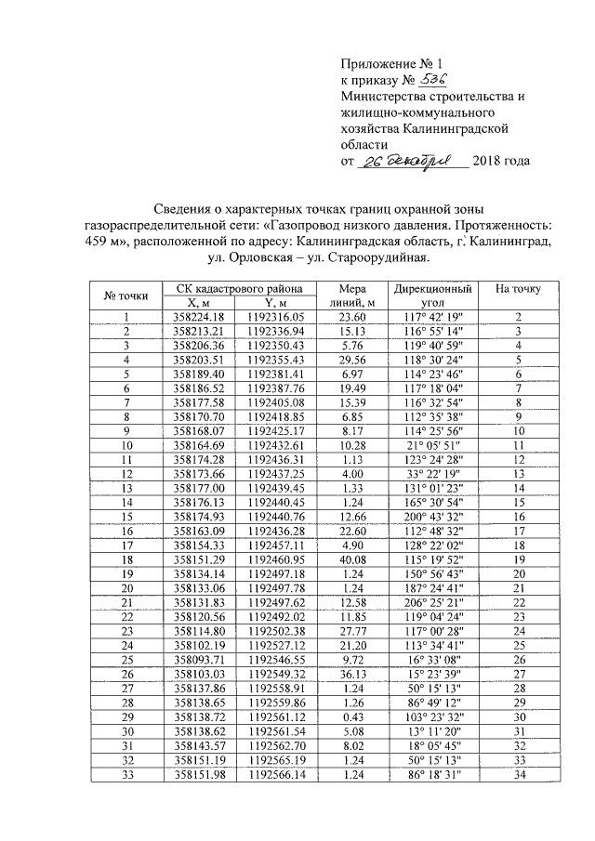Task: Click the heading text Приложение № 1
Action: (390, 64)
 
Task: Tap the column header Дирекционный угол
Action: (432, 295)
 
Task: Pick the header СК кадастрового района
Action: (238, 288)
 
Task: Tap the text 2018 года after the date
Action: (501, 162)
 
